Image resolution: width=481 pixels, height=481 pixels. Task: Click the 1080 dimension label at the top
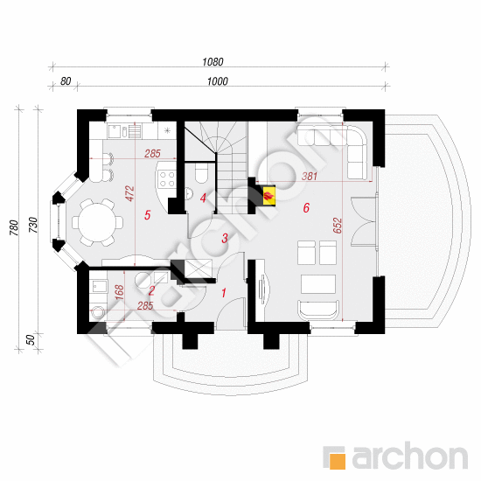(x=213, y=62)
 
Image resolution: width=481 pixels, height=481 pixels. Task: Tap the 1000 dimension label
(x=217, y=81)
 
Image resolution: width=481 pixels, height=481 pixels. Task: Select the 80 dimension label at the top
(x=66, y=81)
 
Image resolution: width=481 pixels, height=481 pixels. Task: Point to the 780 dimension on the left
(x=14, y=228)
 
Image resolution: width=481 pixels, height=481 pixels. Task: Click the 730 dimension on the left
(x=33, y=225)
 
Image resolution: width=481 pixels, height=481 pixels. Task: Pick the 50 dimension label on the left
(x=31, y=340)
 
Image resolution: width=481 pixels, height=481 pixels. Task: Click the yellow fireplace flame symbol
(x=269, y=195)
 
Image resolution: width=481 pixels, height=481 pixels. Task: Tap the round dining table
(x=97, y=222)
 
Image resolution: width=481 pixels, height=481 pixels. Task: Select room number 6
(x=306, y=207)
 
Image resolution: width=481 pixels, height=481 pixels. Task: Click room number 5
(x=147, y=215)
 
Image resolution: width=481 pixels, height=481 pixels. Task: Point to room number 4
(x=203, y=199)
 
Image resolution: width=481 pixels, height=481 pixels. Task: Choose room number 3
(x=225, y=238)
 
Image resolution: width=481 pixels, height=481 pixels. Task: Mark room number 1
(x=224, y=293)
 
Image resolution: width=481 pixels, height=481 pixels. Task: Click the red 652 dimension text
(x=338, y=226)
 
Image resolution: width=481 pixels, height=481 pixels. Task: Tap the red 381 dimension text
(x=310, y=176)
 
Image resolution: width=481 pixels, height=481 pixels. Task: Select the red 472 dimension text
(x=129, y=193)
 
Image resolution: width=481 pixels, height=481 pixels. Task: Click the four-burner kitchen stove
(x=166, y=179)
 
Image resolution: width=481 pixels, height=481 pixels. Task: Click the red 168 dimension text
(x=119, y=292)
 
